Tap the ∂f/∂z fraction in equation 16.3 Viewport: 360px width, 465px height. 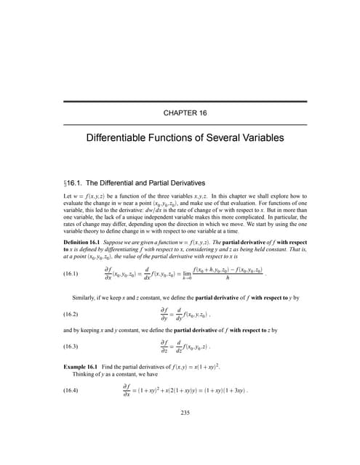coord(167,345)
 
